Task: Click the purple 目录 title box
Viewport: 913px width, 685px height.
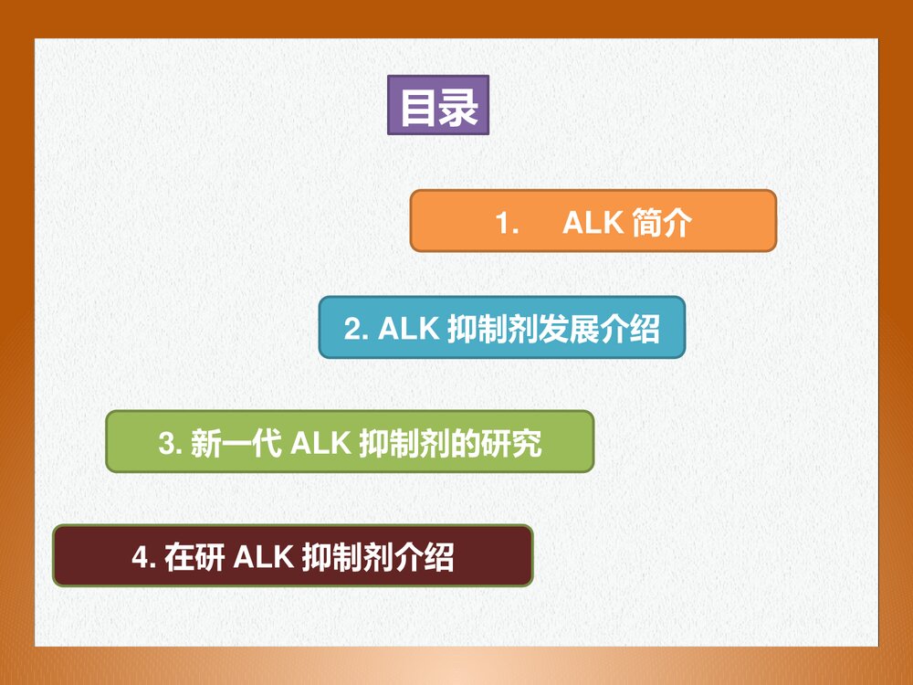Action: click(438, 105)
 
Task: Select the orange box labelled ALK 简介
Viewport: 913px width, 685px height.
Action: click(593, 221)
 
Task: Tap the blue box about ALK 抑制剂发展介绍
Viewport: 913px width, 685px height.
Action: click(501, 328)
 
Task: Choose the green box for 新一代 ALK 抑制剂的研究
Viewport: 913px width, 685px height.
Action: click(350, 442)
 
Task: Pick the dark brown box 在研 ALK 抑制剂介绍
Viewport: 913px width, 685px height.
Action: click(292, 555)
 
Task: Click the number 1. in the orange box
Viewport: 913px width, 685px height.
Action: click(507, 223)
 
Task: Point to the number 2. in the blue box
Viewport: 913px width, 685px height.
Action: click(356, 329)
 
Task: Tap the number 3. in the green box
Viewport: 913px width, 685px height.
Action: click(171, 444)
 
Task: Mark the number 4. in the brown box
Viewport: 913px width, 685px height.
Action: click(144, 557)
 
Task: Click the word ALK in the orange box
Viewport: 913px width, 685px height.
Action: click(593, 223)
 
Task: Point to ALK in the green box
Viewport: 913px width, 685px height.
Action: click(320, 444)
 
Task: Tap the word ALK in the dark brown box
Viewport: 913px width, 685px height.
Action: click(263, 557)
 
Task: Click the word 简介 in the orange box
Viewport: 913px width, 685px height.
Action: click(662, 223)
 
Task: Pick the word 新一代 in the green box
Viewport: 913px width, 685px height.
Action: click(235, 444)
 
